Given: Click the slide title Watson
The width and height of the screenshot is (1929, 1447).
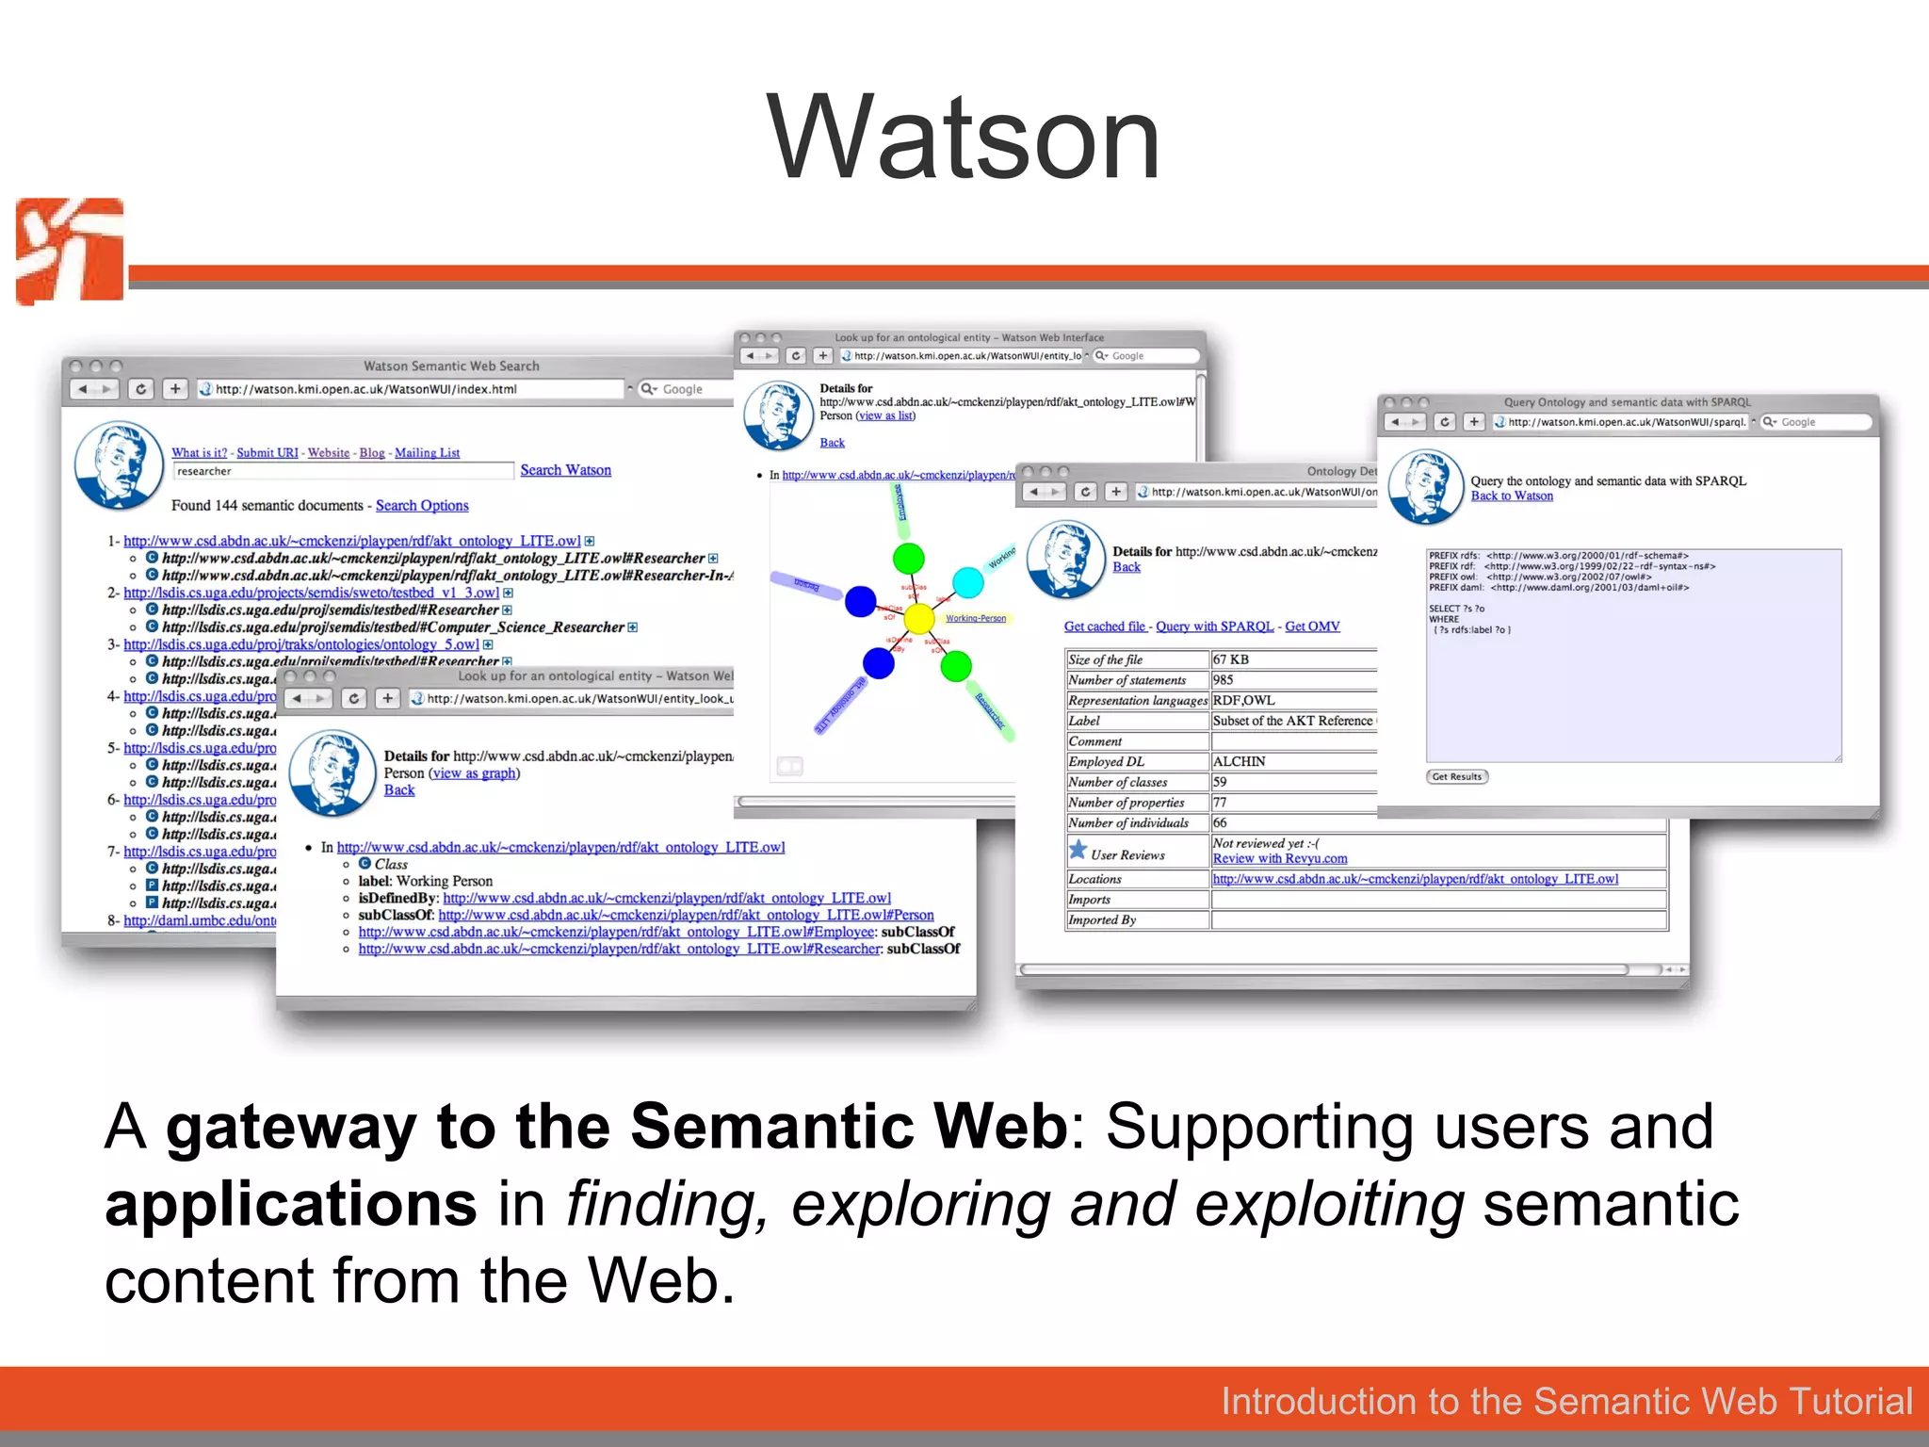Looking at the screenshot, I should pyautogui.click(x=964, y=138).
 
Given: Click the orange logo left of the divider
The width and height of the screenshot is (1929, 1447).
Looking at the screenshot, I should pyautogui.click(x=70, y=251).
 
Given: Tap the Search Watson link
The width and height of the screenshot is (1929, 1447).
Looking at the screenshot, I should pyautogui.click(x=565, y=470).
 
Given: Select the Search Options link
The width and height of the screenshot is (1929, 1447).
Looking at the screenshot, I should pyautogui.click(x=422, y=506).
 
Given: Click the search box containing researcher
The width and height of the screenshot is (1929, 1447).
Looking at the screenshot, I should pyautogui.click(x=343, y=471).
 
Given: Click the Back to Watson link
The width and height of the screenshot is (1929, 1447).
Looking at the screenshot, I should pyautogui.click(x=1512, y=496).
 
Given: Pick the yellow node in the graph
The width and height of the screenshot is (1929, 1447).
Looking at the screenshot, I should pyautogui.click(x=918, y=618).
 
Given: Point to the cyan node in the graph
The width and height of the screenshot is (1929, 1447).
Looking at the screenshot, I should pyautogui.click(x=967, y=582).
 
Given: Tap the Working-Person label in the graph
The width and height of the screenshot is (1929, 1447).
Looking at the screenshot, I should pyautogui.click(x=976, y=619).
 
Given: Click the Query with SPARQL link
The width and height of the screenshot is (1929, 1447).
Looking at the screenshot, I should pyautogui.click(x=1214, y=626).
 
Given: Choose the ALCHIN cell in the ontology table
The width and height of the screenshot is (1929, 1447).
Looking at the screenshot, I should pyautogui.click(x=1239, y=761).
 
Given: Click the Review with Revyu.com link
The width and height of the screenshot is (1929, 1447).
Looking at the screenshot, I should pyautogui.click(x=1279, y=858).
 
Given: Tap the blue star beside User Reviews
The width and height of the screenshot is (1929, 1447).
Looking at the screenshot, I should pyautogui.click(x=1078, y=850).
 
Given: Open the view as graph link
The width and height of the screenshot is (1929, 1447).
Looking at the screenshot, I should pyautogui.click(x=474, y=773).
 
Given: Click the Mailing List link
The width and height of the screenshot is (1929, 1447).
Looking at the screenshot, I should pyautogui.click(x=427, y=453).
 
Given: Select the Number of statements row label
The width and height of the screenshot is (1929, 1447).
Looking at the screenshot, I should pyautogui.click(x=1127, y=680).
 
